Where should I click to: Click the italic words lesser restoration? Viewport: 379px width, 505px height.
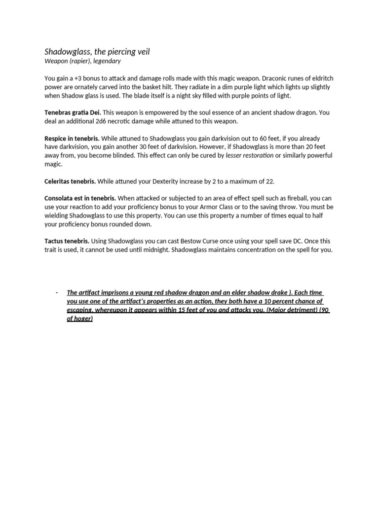pos(249,155)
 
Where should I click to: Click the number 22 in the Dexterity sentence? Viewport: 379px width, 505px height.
pos(269,181)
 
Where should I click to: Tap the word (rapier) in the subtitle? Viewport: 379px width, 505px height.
pos(82,61)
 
